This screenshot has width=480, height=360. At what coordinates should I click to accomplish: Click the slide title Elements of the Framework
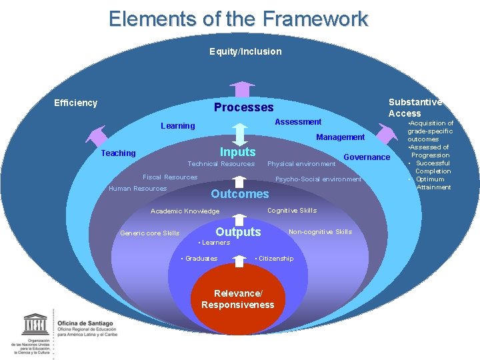tap(238, 19)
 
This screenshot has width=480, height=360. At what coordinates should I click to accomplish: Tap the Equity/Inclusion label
tap(245, 51)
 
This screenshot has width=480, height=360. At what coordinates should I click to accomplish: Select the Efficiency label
tap(75, 103)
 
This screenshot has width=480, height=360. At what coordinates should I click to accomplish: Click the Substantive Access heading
tap(415, 107)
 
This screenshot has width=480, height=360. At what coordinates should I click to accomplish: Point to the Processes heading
tap(243, 107)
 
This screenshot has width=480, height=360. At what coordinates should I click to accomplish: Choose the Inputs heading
tap(238, 152)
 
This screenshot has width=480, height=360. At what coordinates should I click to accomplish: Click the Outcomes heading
tap(239, 194)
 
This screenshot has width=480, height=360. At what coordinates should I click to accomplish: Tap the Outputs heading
tap(238, 232)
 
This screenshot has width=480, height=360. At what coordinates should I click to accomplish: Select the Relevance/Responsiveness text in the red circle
tap(237, 299)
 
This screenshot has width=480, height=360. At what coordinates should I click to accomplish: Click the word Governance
tap(367, 157)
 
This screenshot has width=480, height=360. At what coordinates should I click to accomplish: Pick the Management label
tap(340, 137)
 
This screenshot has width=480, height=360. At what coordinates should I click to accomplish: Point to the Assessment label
tap(298, 122)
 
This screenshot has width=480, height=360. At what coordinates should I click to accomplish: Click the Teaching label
tap(118, 153)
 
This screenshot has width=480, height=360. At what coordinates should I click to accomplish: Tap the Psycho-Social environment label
tap(318, 179)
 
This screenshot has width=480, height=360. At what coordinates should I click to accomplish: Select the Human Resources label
tap(137, 189)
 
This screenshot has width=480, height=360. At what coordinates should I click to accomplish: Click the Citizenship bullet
tap(275, 259)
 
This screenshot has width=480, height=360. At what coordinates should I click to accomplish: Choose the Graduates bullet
tap(200, 259)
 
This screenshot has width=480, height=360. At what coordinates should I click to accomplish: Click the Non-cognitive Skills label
tap(320, 232)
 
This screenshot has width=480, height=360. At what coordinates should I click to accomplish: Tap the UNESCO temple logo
tap(35, 326)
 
